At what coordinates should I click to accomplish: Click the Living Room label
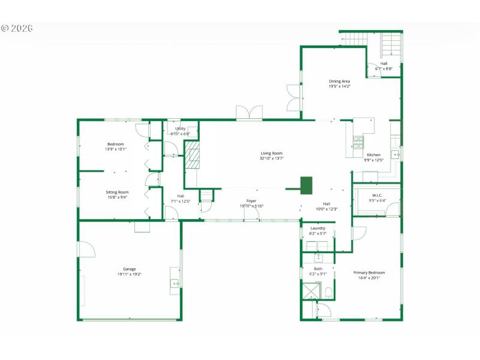pos(271,153)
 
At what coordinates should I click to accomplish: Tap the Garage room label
pos(129,269)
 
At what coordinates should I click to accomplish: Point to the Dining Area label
pos(339,81)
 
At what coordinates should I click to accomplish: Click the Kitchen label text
pos(373,155)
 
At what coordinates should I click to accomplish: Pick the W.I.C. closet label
pos(377,195)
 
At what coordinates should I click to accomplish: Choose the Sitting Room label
pos(117,192)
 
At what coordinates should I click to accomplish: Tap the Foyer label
pos(251,200)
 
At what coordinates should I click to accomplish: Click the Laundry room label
pos(317,228)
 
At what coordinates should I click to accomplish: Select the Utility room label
pos(180,128)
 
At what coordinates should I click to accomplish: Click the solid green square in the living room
pos(306,185)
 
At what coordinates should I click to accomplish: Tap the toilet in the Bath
pos(328,293)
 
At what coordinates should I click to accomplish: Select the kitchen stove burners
pos(358,142)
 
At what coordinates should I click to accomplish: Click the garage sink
pos(175,283)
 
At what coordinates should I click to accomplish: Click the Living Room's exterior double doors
pos(249,113)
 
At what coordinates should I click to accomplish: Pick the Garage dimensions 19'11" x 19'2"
pos(129,274)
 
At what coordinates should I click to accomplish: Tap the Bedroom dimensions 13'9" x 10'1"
pos(115,149)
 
